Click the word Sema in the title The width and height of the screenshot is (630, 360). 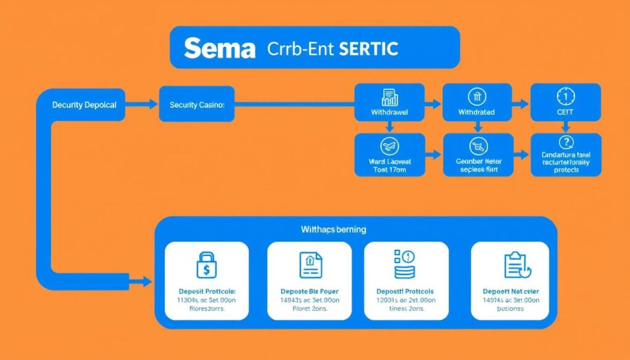(x=220, y=49)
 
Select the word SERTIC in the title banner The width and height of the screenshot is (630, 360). (x=367, y=49)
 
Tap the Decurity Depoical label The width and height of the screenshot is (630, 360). (x=84, y=105)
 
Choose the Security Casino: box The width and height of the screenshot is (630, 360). (x=197, y=105)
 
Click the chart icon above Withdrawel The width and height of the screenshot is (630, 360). (x=389, y=97)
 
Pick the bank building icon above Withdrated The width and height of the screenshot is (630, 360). (x=477, y=97)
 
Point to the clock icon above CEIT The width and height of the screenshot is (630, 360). (x=565, y=97)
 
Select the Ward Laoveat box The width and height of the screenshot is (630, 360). (x=389, y=154)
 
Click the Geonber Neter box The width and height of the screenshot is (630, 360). (x=477, y=154)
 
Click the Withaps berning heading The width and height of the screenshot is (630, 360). (x=333, y=230)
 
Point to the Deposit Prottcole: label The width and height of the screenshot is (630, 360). (x=206, y=290)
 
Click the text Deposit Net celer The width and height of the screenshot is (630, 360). (x=510, y=290)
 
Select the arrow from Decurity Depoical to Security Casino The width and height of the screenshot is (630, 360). (x=144, y=105)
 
